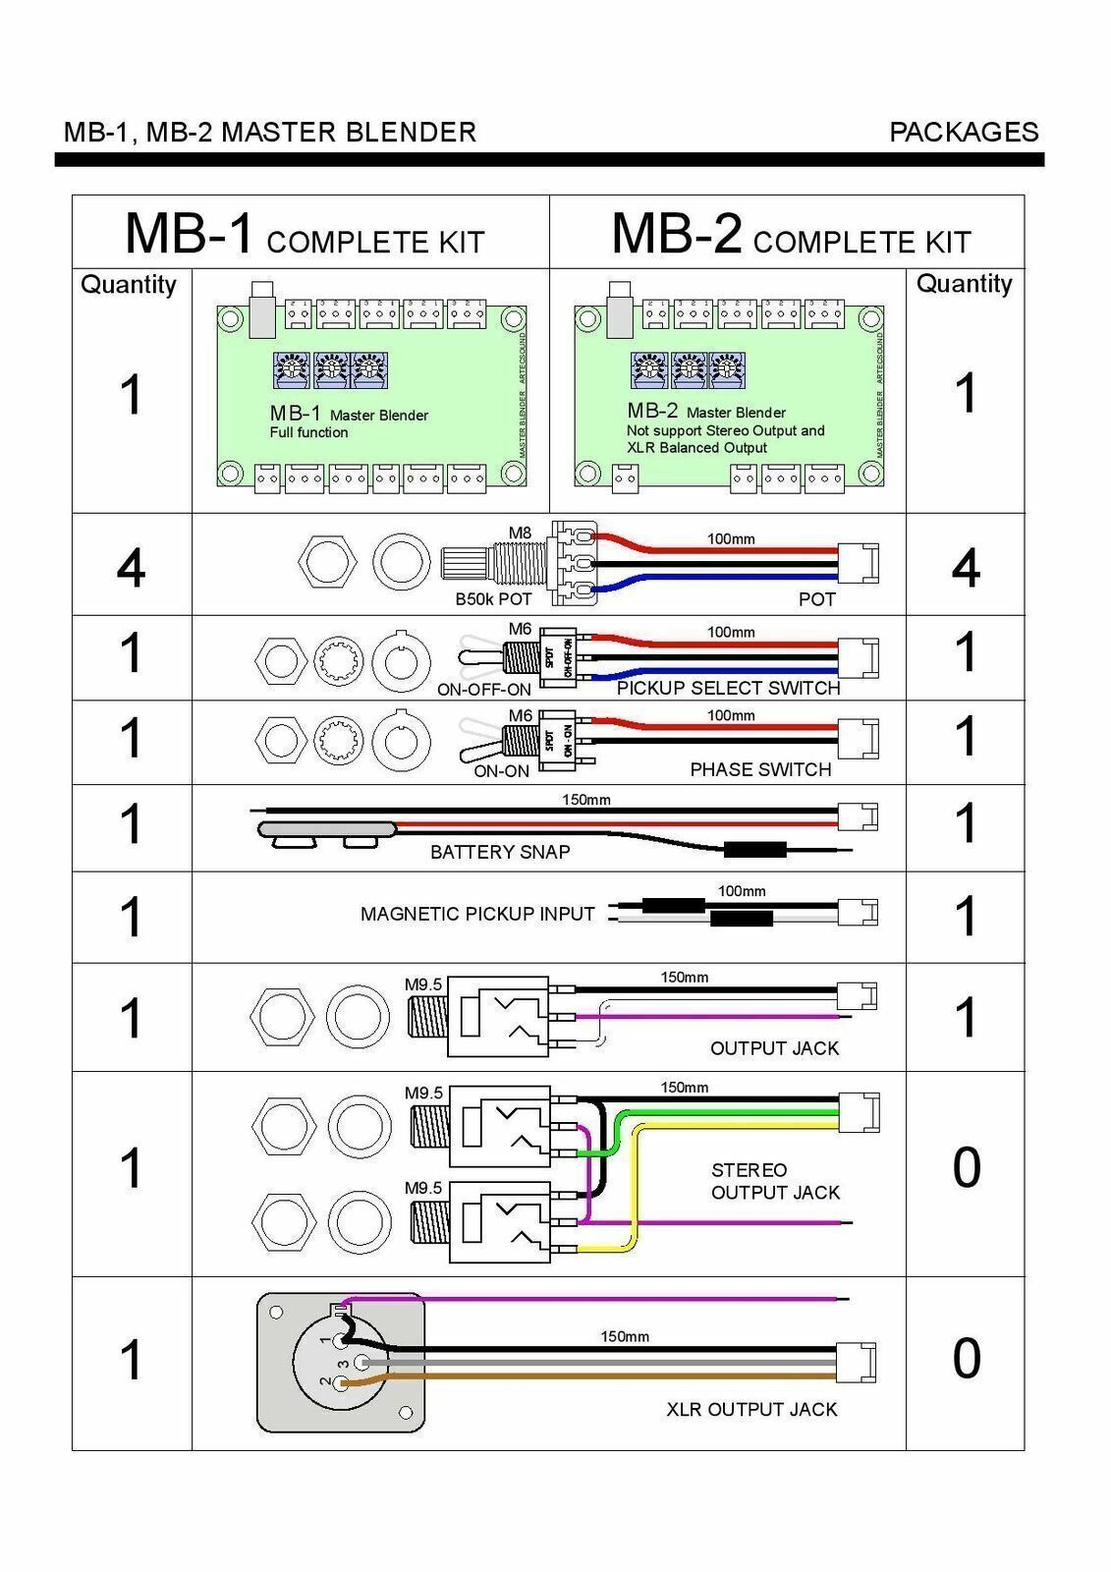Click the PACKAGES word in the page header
(963, 133)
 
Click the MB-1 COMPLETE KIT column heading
(305, 235)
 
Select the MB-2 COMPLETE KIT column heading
(790, 235)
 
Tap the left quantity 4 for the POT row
(131, 568)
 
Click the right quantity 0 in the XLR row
(966, 1359)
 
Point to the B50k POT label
(493, 598)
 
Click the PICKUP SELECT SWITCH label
(728, 688)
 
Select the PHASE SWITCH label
(760, 769)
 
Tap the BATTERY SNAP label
(500, 852)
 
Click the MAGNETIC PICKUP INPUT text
(477, 914)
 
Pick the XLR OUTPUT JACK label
(751, 1409)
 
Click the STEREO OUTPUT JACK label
(774, 1181)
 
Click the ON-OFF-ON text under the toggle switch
(483, 690)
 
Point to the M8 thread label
(519, 533)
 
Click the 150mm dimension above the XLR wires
(625, 1336)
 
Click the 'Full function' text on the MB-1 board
(308, 432)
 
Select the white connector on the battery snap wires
(857, 816)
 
